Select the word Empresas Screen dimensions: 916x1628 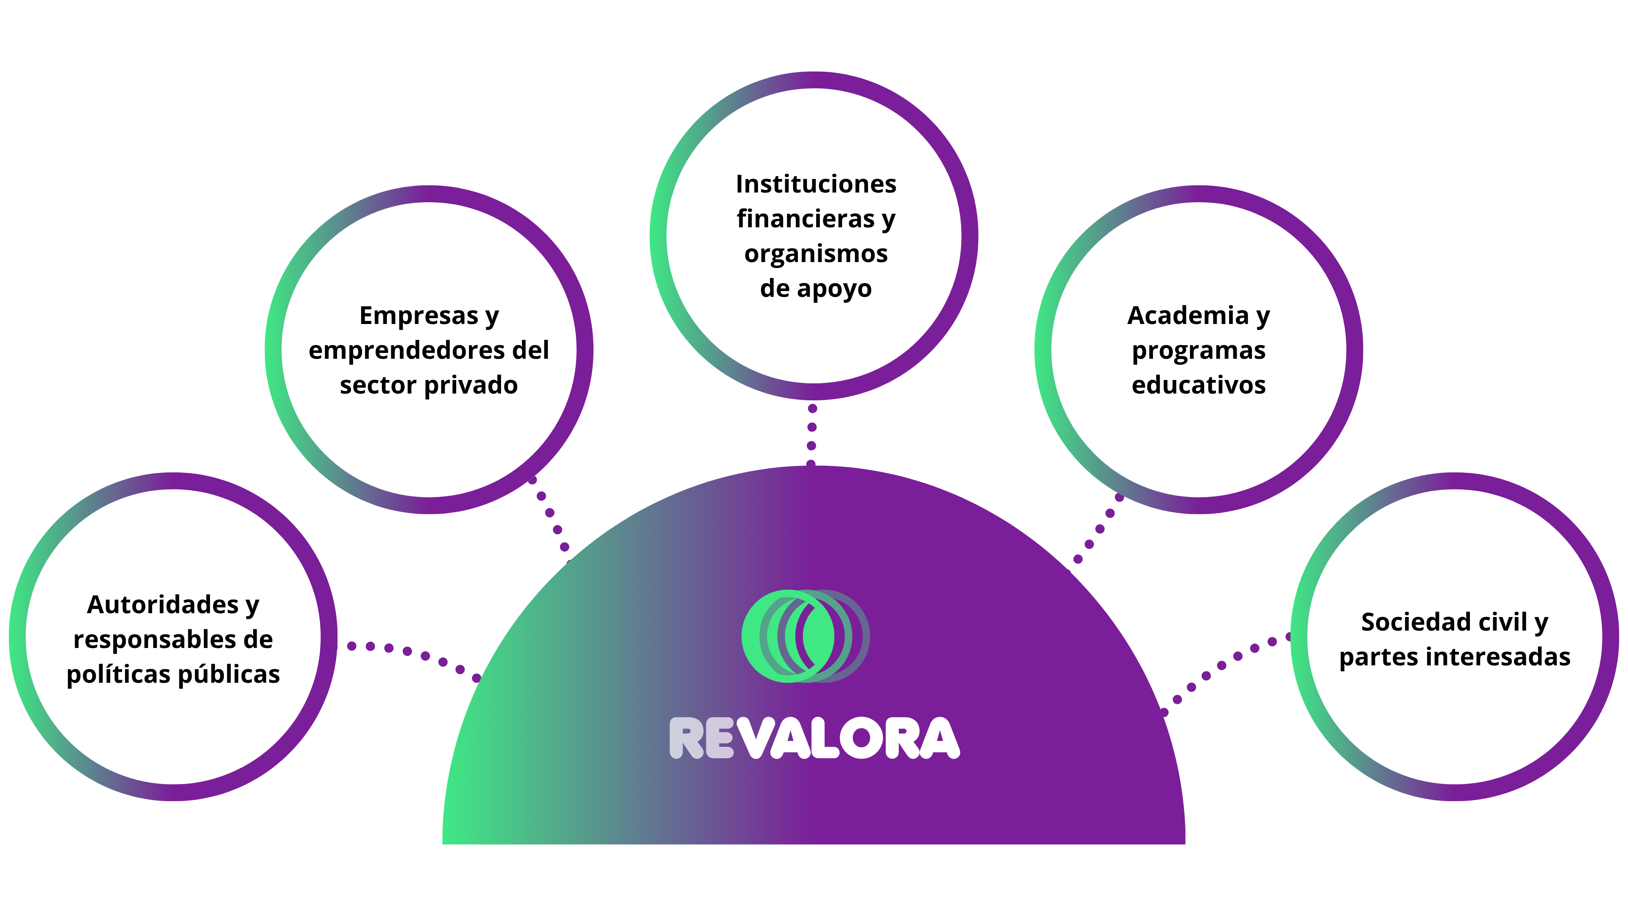click(418, 316)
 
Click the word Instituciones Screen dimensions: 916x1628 click(816, 184)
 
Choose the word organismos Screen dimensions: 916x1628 click(816, 254)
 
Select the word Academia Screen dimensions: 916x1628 click(1188, 316)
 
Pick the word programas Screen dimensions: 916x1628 click(1198, 350)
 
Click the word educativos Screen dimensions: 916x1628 click(1198, 385)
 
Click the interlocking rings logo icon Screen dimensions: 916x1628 click(805, 636)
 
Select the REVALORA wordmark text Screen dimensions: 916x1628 click(814, 738)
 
